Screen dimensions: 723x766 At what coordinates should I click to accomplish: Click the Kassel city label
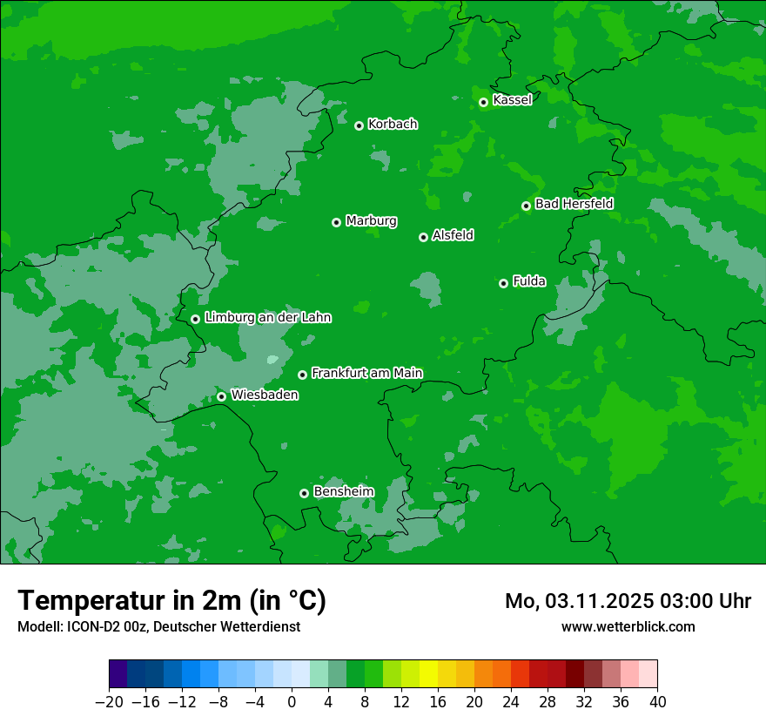click(x=512, y=100)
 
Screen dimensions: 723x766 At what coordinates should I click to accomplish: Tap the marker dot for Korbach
click(x=359, y=125)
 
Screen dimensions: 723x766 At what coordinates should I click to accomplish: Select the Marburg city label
click(x=371, y=220)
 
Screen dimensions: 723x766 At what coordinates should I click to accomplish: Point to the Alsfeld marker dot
click(x=423, y=237)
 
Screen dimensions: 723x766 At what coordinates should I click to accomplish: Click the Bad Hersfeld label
click(x=574, y=204)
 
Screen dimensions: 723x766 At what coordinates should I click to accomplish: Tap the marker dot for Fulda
click(x=503, y=283)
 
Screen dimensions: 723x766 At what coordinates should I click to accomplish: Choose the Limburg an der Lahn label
click(x=267, y=318)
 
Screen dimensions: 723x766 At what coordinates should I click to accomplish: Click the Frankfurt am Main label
click(x=366, y=373)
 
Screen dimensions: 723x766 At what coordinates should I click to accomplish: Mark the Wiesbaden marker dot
click(x=221, y=396)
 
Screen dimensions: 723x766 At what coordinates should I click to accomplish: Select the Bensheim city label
click(x=343, y=491)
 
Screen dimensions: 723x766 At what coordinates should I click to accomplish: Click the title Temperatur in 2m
click(x=171, y=600)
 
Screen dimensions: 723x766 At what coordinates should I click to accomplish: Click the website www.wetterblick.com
click(x=628, y=626)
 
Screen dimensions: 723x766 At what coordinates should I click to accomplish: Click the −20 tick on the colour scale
click(x=110, y=702)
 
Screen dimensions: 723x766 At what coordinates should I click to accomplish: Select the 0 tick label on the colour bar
click(x=292, y=702)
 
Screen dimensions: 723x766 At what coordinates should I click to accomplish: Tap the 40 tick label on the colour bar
click(x=657, y=702)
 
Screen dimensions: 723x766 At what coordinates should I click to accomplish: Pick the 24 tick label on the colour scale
click(x=511, y=702)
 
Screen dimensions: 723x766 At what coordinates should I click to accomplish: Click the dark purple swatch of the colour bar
click(x=118, y=674)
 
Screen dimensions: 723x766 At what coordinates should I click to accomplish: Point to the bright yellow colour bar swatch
click(x=428, y=674)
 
